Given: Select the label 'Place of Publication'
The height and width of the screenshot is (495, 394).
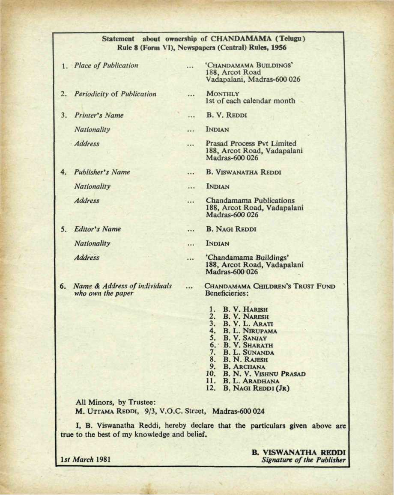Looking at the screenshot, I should [106, 65].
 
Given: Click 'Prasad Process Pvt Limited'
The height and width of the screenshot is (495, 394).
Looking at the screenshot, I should [251, 143].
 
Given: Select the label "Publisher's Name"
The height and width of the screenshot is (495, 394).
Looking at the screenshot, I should [102, 172].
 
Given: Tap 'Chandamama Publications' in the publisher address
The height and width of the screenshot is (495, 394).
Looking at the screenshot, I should [250, 200].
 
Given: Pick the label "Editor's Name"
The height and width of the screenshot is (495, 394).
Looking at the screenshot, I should [97, 229].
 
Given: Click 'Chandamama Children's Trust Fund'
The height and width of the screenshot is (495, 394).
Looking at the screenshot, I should [270, 286].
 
